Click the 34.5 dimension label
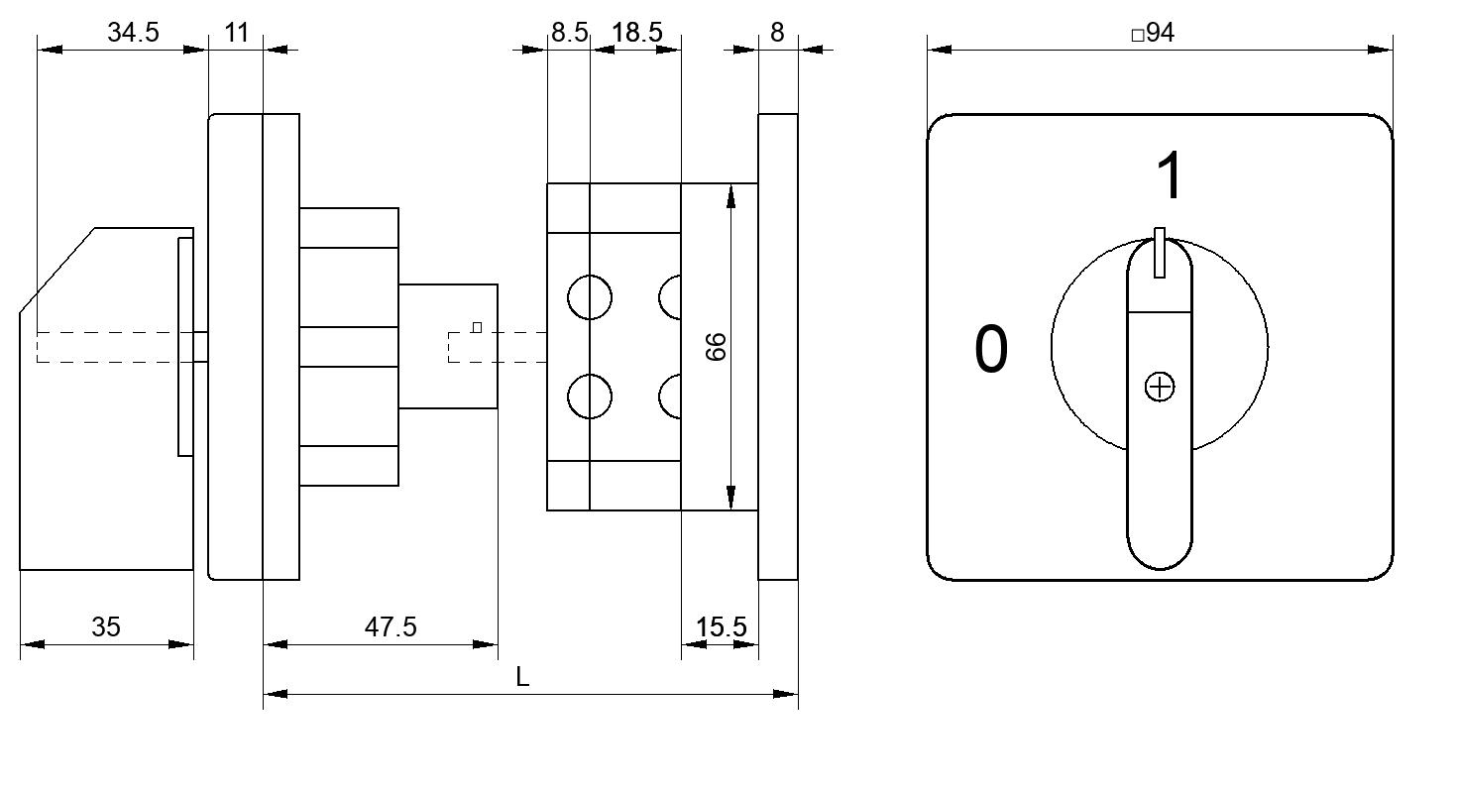(x=133, y=32)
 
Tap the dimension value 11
(x=236, y=32)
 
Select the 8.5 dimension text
(x=569, y=32)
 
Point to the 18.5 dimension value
(x=636, y=32)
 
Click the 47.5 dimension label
(x=391, y=626)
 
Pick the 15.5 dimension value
(x=722, y=627)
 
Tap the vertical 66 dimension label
(x=717, y=347)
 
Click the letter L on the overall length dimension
(x=522, y=677)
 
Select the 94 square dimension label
(x=1154, y=33)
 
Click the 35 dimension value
(x=106, y=626)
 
